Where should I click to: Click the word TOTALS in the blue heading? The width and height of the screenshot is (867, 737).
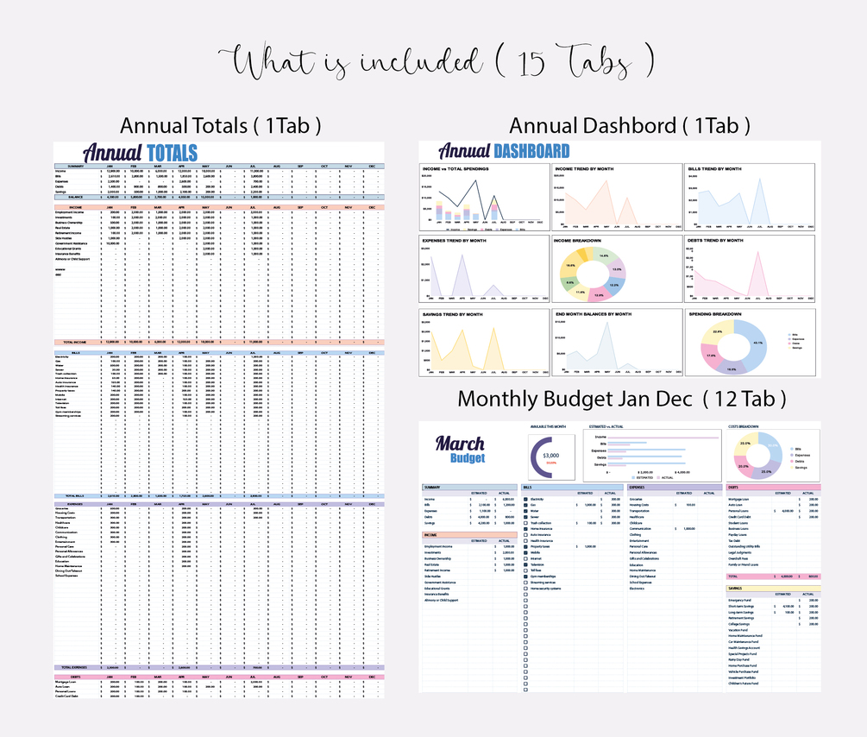point(172,154)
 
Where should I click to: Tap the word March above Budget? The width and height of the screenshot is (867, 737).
point(459,444)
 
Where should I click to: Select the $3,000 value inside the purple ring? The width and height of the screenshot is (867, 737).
point(551,455)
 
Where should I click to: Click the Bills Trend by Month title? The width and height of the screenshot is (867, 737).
point(715,169)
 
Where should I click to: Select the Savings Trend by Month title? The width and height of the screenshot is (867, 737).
point(452,314)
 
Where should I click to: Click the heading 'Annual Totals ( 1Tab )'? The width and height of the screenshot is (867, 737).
point(221,125)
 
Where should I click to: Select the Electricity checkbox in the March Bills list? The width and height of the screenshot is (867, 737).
point(526,500)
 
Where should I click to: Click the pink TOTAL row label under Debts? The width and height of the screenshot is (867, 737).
point(734,576)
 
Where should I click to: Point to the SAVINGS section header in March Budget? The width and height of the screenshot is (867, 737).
point(736,588)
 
